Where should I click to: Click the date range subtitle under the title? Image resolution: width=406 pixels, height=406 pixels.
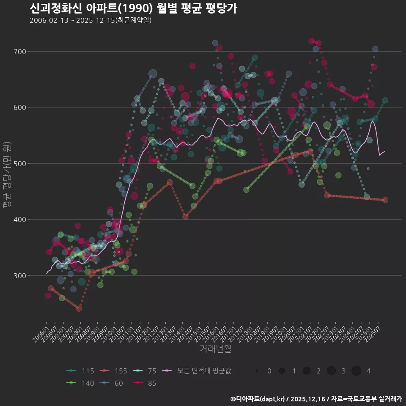tap(91, 20)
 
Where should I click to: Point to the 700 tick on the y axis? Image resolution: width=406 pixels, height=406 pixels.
tap(19, 52)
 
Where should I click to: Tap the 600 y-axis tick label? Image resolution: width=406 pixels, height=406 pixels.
tap(19, 107)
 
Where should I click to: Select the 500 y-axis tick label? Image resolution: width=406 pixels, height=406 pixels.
tap(19, 164)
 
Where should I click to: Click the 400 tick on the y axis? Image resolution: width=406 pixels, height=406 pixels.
tap(19, 219)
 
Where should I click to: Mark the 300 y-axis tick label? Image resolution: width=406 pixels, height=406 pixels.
tap(19, 275)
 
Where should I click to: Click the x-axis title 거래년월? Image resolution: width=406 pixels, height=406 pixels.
tap(215, 349)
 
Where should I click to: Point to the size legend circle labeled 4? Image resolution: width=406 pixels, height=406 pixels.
tap(356, 371)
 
